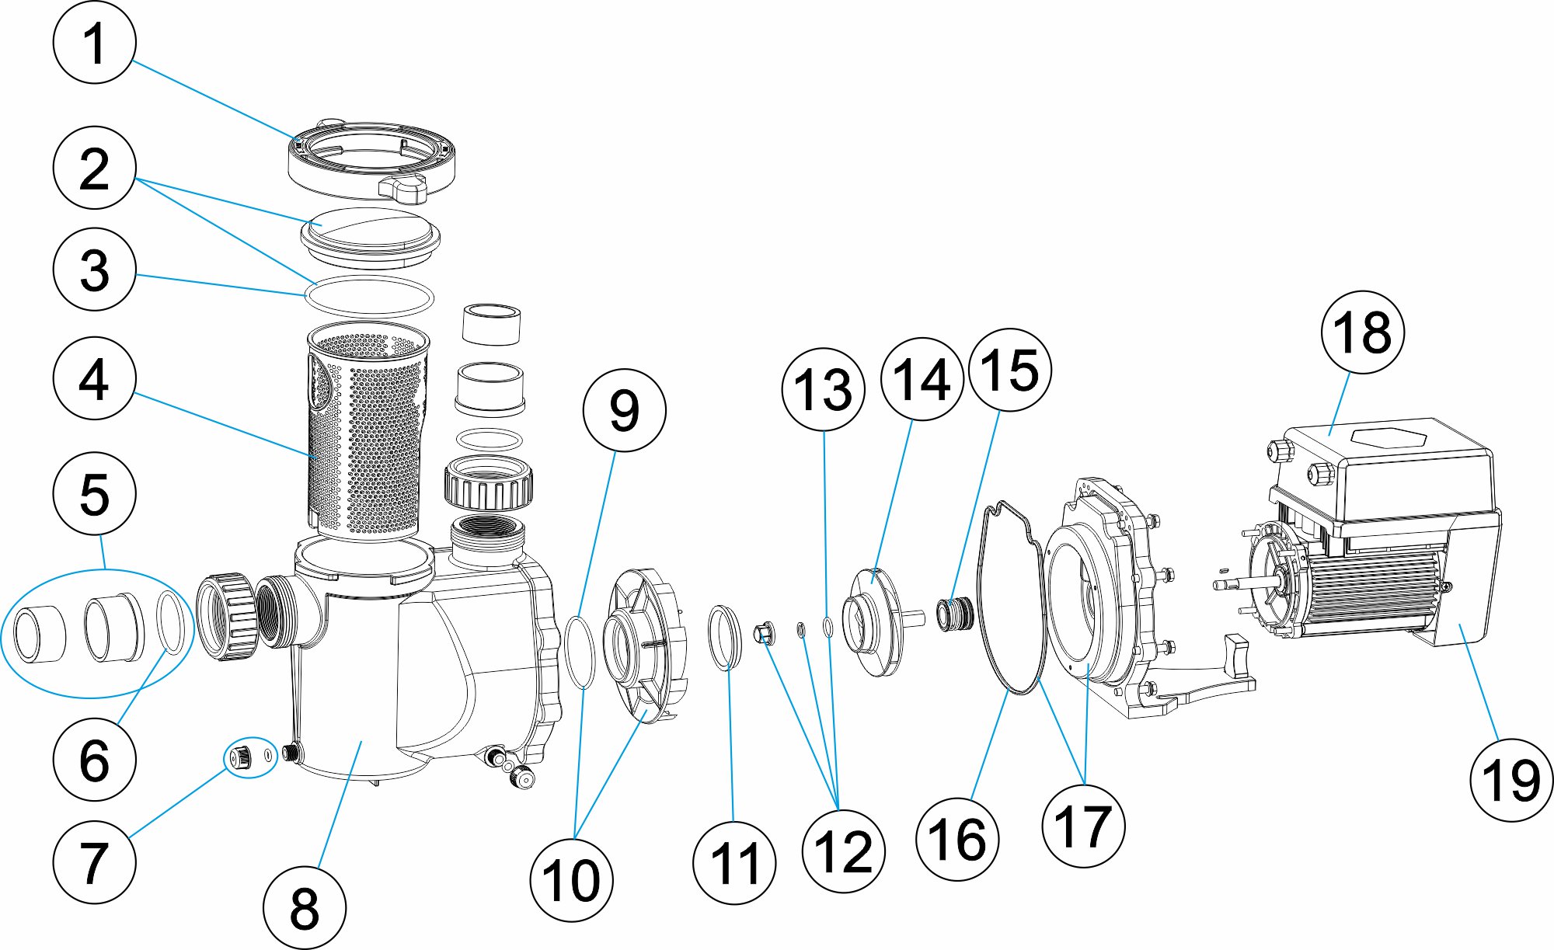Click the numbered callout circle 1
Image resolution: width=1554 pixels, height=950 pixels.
point(94,43)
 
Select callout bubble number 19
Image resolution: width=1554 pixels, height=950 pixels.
point(1511,779)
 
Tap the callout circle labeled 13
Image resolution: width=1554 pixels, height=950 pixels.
point(823,388)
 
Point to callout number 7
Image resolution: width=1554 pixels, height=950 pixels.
point(94,861)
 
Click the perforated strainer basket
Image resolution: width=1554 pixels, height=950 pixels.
point(365,435)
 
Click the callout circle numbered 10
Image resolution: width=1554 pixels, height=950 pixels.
point(571,880)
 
